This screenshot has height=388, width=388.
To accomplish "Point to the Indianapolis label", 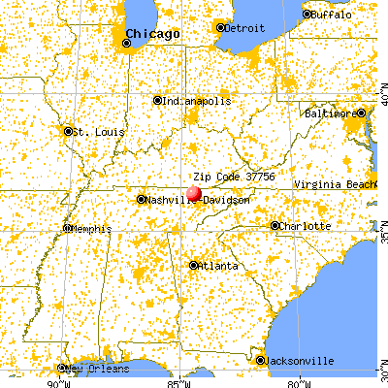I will [x=196, y=100].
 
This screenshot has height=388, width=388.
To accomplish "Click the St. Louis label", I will [x=93, y=131].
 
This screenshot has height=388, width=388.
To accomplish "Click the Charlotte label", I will [x=304, y=226].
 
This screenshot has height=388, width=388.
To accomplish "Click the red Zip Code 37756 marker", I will [x=194, y=193].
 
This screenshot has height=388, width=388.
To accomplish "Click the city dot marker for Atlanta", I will [x=194, y=264].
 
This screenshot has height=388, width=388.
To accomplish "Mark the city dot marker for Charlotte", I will [x=275, y=226].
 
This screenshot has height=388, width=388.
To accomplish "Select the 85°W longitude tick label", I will [x=176, y=380].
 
